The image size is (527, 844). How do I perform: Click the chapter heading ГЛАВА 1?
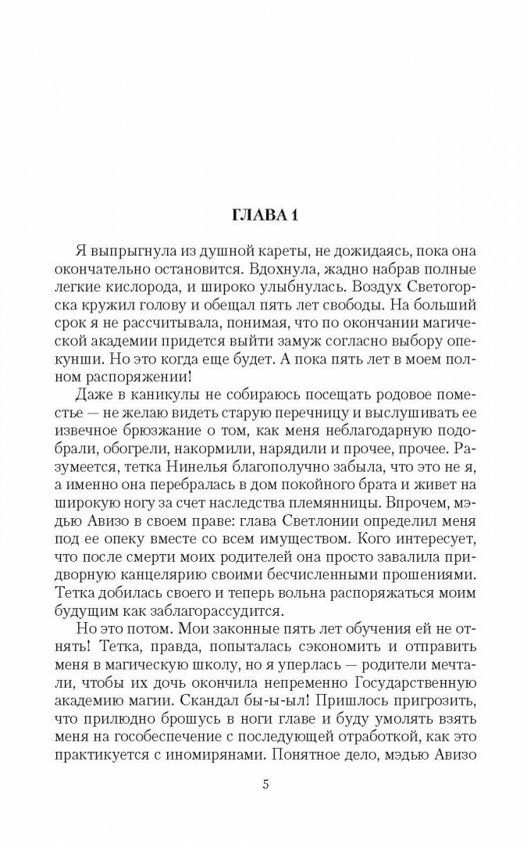click(x=264, y=216)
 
